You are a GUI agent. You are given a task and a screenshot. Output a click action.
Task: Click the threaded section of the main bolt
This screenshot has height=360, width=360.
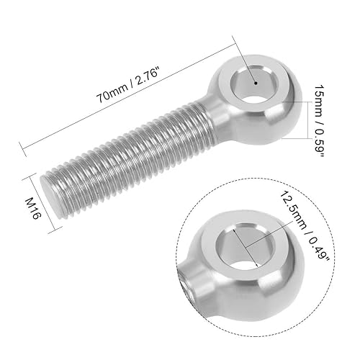(x=130, y=154)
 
